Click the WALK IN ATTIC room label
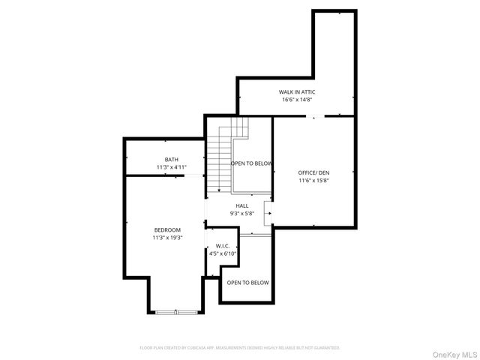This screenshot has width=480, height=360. pyautogui.click(x=296, y=91)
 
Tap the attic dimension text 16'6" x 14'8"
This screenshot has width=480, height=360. pyautogui.click(x=296, y=100)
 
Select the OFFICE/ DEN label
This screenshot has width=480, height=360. pyautogui.click(x=313, y=172)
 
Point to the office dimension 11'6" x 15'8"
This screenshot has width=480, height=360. pyautogui.click(x=313, y=180)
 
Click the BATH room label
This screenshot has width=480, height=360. pyautogui.click(x=172, y=159)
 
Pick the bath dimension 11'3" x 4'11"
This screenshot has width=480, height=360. pyautogui.click(x=172, y=166)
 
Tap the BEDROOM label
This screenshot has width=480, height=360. pyautogui.click(x=167, y=229)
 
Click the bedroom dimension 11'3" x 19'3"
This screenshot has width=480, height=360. pyautogui.click(x=167, y=238)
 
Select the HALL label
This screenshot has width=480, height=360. pyautogui.click(x=242, y=205)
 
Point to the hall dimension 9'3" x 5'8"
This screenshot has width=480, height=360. pyautogui.click(x=242, y=214)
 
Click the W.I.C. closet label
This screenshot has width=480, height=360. pyautogui.click(x=222, y=246)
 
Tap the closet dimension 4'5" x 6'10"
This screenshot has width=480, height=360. pyautogui.click(x=222, y=253)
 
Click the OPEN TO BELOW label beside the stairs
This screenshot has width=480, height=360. pyautogui.click(x=251, y=163)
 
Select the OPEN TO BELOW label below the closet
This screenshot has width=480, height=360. pyautogui.click(x=247, y=283)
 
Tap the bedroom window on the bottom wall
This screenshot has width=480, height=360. pyautogui.click(x=177, y=311)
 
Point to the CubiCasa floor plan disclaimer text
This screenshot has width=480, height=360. pyautogui.click(x=240, y=348)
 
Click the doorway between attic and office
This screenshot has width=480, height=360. pyautogui.click(x=314, y=116)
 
